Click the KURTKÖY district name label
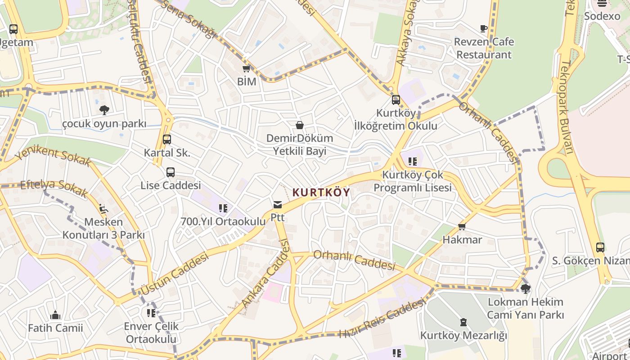point(321,193)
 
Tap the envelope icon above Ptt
point(277,205)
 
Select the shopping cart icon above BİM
point(246,69)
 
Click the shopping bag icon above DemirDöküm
point(299,125)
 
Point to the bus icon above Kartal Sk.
point(167,139)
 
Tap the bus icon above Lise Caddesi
point(171,172)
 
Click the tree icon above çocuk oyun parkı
point(104,110)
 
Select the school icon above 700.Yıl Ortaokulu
point(223,208)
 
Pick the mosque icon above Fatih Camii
point(55,315)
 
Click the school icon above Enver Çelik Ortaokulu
point(151,313)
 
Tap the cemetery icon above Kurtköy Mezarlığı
point(463,322)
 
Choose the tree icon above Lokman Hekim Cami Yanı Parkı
point(525,288)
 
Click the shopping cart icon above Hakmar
point(462,226)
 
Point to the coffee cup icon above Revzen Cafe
point(484,29)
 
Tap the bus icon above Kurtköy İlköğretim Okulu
point(396,100)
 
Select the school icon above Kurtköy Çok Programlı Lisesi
point(413,161)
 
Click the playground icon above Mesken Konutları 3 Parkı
point(103,208)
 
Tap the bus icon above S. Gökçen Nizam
point(600,247)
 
